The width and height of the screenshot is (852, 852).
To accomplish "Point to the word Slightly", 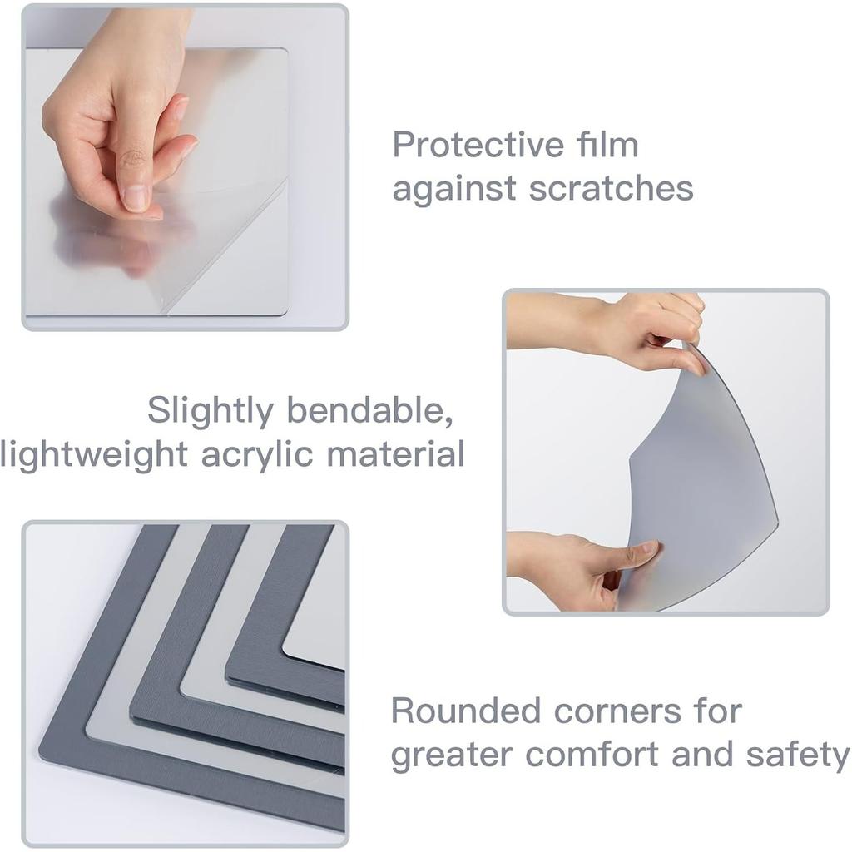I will pyautogui.click(x=210, y=411).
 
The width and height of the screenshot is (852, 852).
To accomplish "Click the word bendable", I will pyautogui.click(x=370, y=411).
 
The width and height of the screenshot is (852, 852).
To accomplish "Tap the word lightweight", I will pyautogui.click(x=93, y=455).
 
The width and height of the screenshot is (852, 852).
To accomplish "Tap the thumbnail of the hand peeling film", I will pyautogui.click(x=185, y=167).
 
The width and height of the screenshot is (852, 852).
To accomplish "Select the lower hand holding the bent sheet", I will pyautogui.click(x=582, y=566).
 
